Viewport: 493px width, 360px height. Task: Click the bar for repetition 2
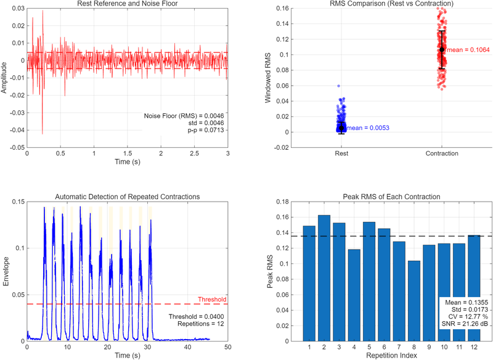[x=324, y=277]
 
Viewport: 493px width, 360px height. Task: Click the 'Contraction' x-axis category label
[x=441, y=152]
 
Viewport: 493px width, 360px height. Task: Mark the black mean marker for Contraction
[x=441, y=49]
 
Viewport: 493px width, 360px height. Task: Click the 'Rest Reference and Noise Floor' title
[x=128, y=4]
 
